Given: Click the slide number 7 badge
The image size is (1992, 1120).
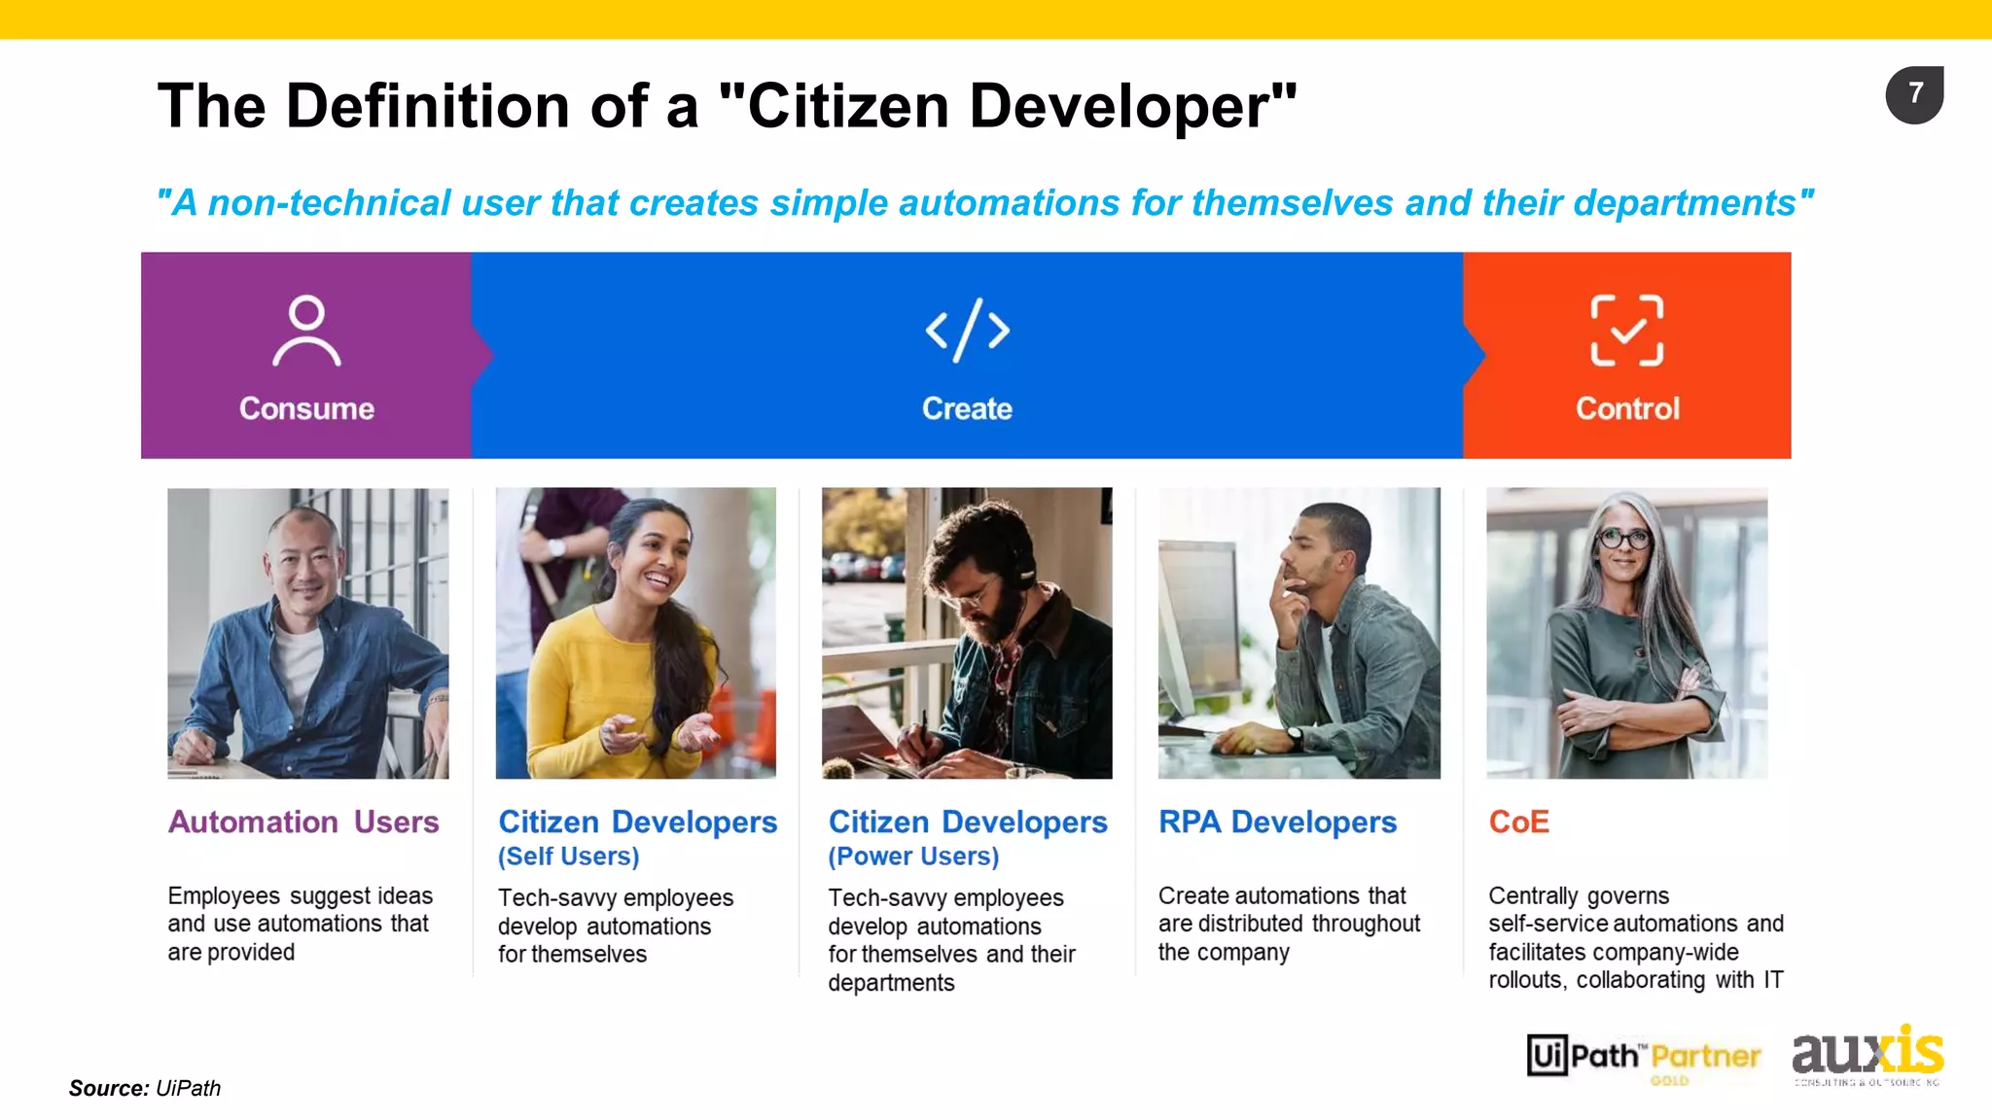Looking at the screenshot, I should [x=1914, y=94].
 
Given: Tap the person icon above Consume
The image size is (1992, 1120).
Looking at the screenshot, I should [x=306, y=331].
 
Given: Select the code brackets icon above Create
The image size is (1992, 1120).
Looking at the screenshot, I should [x=967, y=331].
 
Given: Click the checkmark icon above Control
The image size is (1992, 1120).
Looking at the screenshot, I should [x=1626, y=331].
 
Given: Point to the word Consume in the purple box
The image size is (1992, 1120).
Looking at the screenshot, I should [x=306, y=408].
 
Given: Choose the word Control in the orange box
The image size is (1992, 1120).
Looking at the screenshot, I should [x=1627, y=408].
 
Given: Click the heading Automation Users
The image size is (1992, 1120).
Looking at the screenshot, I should [x=303, y=822].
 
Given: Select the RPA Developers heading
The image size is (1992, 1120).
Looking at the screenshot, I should [x=1277, y=822].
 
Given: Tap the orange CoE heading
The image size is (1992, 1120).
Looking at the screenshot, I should [x=1518, y=822].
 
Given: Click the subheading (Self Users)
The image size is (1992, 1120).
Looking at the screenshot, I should [x=569, y=857].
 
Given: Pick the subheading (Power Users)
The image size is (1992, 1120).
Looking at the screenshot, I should [x=913, y=857].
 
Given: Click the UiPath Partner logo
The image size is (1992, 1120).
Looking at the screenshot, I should [x=1644, y=1057].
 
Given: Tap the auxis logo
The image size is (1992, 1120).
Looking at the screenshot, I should [x=1867, y=1054].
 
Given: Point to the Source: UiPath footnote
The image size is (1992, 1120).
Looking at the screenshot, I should [x=145, y=1088].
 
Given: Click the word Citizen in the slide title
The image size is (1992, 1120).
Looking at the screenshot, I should [x=847, y=106].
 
